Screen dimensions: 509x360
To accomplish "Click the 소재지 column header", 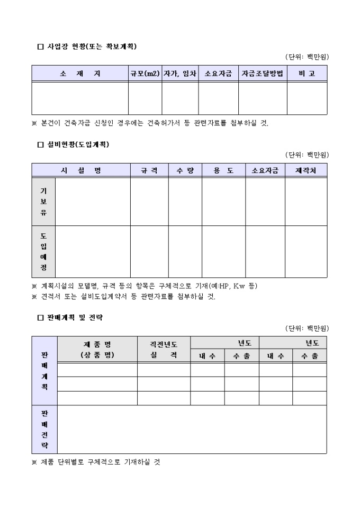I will (80, 74).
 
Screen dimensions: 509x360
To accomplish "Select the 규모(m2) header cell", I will (145, 74).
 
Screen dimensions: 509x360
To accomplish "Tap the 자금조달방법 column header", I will (263, 74).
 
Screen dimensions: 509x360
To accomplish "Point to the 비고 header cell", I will (307, 74).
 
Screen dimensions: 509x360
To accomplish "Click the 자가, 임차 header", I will (180, 74).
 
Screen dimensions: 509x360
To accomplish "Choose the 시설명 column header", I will (81, 170).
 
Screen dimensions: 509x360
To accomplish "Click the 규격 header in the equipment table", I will (149, 170).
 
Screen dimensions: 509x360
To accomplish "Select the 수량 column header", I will (185, 170).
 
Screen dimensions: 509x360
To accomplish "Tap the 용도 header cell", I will (223, 170).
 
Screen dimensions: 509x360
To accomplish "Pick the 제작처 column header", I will (305, 170).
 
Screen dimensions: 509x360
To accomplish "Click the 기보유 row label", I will (43, 202).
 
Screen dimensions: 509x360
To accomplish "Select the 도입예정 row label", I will (43, 251).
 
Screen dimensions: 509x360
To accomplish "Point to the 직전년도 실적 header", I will (164, 349).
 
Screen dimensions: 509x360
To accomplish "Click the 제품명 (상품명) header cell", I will (97, 349).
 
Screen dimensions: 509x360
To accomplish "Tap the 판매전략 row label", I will (44, 429).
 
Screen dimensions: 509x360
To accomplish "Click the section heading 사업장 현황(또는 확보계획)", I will (87, 47).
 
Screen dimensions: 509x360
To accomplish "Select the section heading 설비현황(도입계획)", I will (77, 144).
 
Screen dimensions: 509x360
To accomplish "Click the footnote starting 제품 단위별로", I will (96, 462).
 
